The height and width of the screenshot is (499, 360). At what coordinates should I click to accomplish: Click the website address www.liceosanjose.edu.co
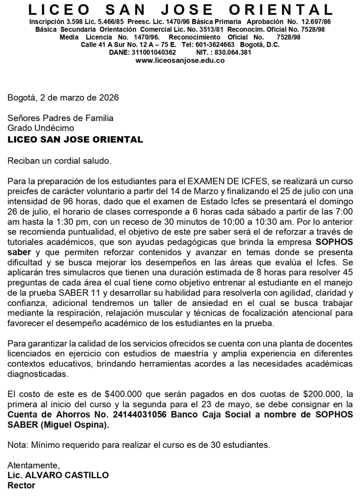coord(180,60)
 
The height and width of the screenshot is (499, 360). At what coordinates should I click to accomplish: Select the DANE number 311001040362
coord(153,53)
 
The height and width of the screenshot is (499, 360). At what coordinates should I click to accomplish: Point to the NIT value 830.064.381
coord(233,53)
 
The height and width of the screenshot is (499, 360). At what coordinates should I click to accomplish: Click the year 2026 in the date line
coord(109,98)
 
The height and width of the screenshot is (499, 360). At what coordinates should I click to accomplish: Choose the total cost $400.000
coord(123,394)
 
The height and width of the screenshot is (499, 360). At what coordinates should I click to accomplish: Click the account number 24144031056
coord(140,415)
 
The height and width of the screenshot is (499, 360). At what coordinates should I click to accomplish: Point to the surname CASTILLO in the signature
coord(87,475)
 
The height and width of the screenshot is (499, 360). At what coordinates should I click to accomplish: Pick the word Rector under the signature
coord(21,485)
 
